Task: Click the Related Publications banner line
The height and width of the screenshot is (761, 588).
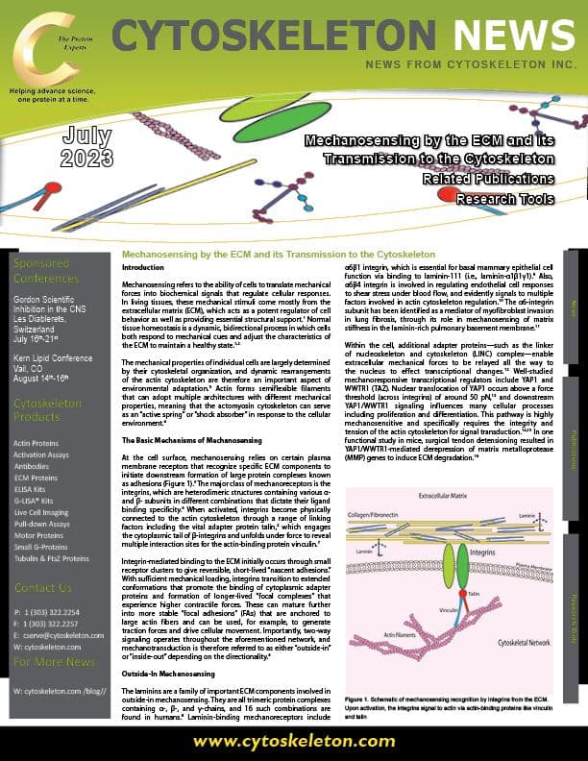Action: pos(488,179)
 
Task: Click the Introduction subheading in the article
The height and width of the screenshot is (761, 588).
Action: pos(145,265)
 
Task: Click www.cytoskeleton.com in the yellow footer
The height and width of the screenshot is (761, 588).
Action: pos(293,742)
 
